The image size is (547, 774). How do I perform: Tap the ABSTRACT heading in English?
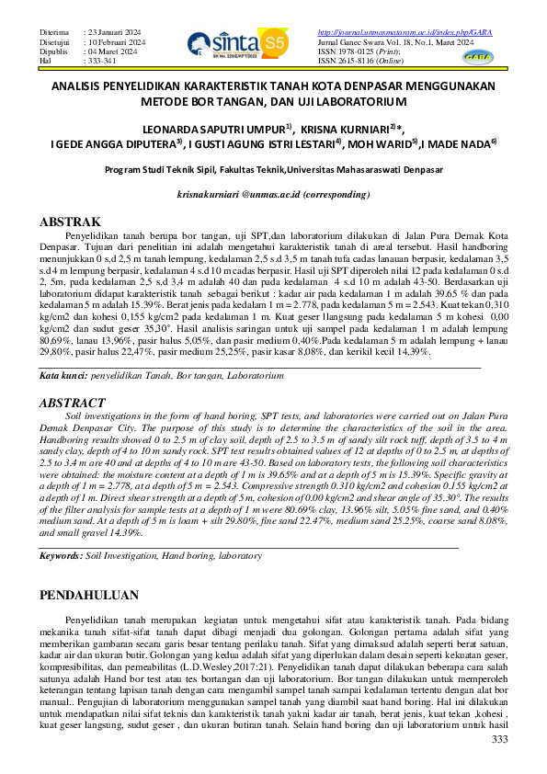pos(74,403)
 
